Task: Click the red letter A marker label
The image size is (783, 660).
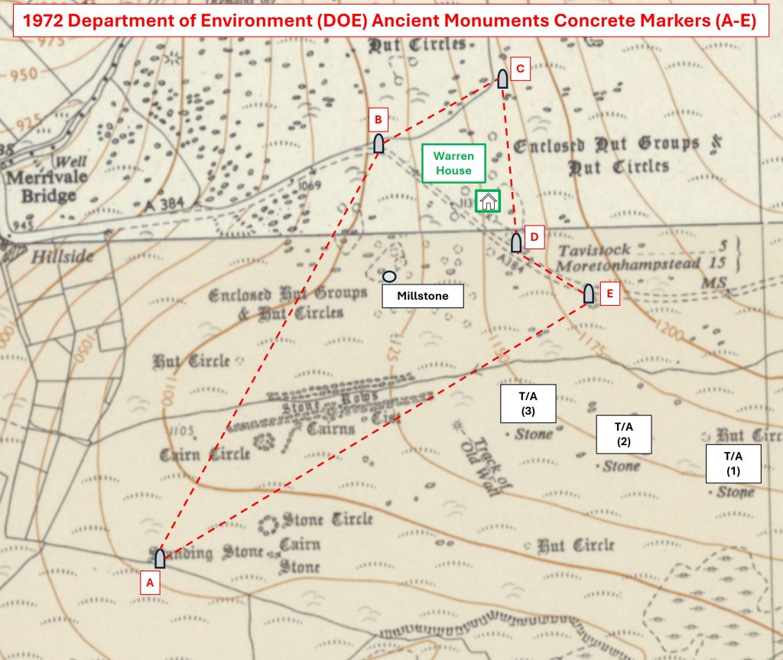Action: coord(151,583)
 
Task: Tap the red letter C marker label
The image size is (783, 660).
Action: coord(520,70)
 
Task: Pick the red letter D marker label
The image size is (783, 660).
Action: coord(534,237)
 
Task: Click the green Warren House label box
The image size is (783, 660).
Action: coord(453,163)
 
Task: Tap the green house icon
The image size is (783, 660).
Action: coord(488,201)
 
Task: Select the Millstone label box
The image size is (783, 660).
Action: coord(423,295)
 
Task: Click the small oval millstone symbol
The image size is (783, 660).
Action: coord(389,276)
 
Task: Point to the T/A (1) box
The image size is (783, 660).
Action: coord(733,463)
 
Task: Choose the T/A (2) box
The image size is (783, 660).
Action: coord(623,434)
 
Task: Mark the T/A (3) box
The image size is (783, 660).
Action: coord(527,403)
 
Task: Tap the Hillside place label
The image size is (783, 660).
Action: coord(62,256)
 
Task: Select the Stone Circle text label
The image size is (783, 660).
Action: coord(327,520)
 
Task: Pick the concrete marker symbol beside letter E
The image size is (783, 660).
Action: coord(589,294)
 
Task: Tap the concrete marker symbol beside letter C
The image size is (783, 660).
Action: coord(503,79)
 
